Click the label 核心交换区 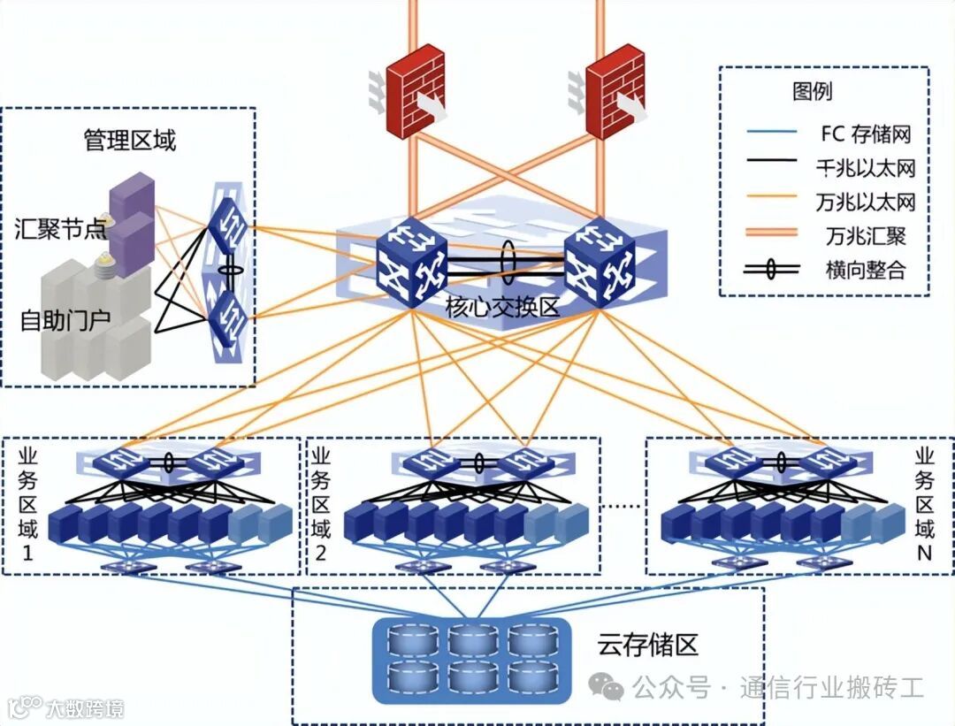(x=503, y=308)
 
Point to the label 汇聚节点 (x=60, y=228)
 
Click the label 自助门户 (x=65, y=320)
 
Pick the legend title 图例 (x=812, y=91)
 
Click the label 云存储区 (x=647, y=645)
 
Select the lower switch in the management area (x=229, y=310)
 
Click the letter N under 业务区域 (x=924, y=556)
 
